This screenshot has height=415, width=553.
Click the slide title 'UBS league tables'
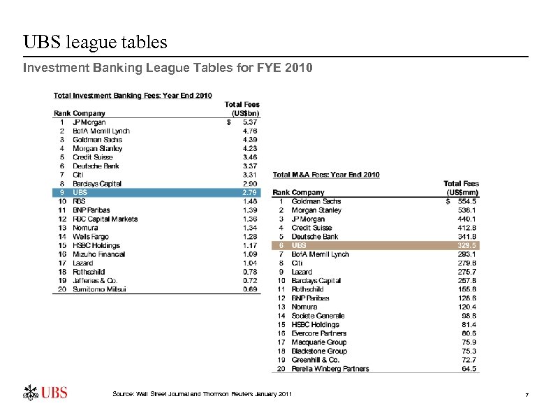click(x=96, y=43)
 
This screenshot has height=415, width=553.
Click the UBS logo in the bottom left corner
click(x=46, y=392)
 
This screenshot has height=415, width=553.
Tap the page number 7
click(x=526, y=396)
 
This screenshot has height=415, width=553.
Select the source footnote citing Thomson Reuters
click(x=202, y=395)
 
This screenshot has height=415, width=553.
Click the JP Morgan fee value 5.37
click(x=249, y=122)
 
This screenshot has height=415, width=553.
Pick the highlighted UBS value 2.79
click(x=249, y=192)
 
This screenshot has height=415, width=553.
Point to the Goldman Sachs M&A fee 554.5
click(x=467, y=201)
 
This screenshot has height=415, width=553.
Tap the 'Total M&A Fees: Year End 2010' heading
click(x=326, y=175)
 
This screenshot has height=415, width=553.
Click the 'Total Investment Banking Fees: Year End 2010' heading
click(x=133, y=96)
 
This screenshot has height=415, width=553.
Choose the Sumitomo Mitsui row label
click(x=99, y=289)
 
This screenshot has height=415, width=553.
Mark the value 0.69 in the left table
click(x=249, y=289)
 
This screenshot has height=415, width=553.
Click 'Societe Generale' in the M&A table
click(x=318, y=316)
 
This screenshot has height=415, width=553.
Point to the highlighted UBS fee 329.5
click(x=467, y=245)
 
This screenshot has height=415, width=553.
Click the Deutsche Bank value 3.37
click(x=249, y=166)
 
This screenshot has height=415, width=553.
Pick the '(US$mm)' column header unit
click(x=462, y=192)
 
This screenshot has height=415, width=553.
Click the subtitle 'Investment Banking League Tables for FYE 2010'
click(x=168, y=68)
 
